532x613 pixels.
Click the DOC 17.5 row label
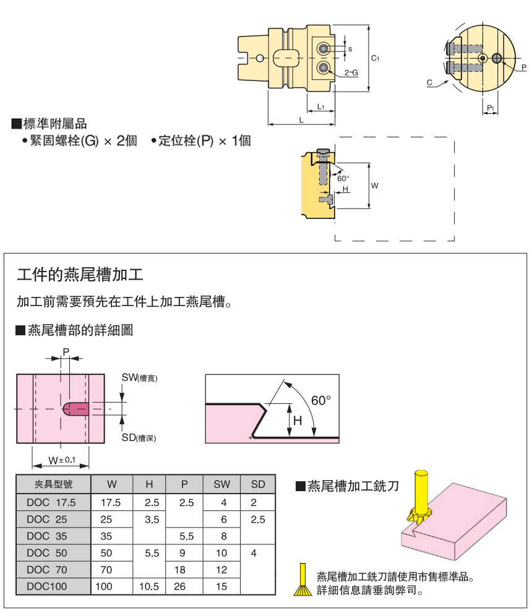(51, 502)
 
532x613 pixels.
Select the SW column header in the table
(221, 484)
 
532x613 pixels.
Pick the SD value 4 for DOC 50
(254, 553)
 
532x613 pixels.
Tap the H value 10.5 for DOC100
(149, 586)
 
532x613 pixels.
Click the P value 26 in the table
(180, 586)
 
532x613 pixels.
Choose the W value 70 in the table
(106, 570)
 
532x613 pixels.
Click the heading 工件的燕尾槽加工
(80, 274)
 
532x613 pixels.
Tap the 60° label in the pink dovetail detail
(321, 400)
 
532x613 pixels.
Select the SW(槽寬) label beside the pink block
(139, 377)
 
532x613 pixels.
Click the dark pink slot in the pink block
(77, 409)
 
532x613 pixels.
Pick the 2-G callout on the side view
(351, 72)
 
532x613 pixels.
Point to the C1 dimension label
(375, 58)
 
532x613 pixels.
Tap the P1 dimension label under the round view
(490, 108)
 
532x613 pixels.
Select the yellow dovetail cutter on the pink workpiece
(421, 501)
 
